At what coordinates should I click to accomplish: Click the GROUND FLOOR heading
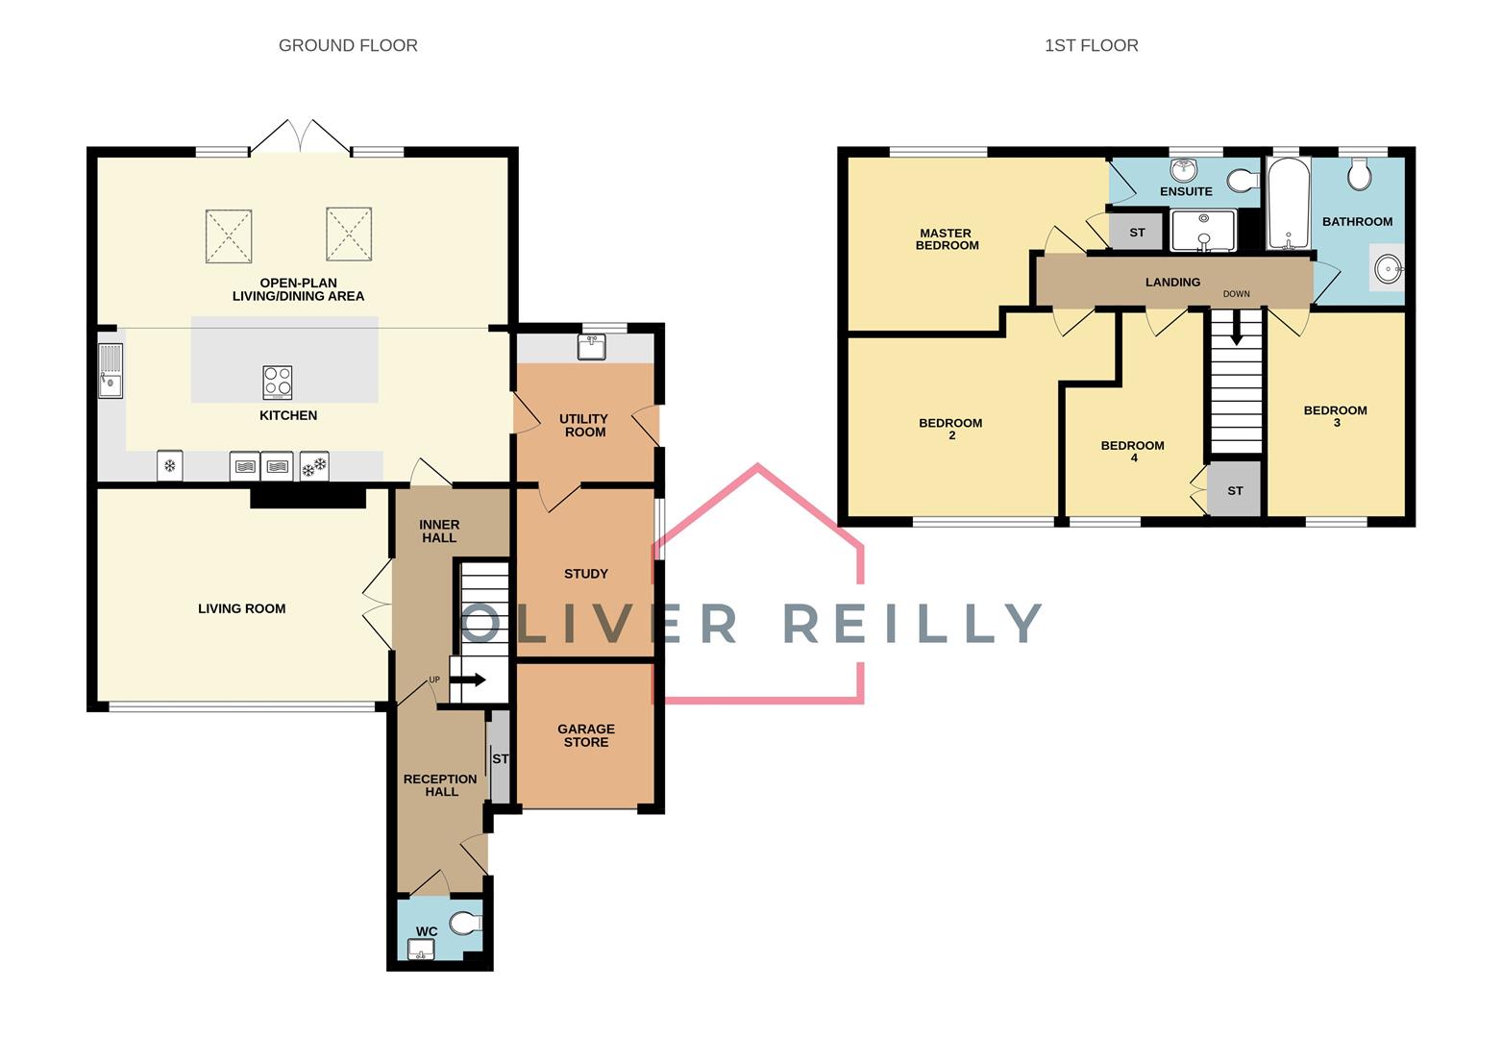point(348,45)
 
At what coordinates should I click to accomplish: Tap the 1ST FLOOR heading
point(1091,45)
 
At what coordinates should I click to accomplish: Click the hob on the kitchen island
point(278,383)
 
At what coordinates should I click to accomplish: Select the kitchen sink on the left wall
point(111,371)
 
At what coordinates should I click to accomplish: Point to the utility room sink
point(591,347)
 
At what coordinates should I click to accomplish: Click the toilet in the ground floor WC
point(465,923)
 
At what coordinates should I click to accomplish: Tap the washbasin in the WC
point(421,949)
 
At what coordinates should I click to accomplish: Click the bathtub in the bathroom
point(1288,203)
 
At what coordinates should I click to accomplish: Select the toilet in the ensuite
point(1243,180)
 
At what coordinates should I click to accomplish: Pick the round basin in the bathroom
point(1388,269)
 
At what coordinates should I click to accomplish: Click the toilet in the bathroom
point(1359,174)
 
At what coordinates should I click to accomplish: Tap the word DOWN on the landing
point(1237,294)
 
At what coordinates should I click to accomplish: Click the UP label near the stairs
point(434,680)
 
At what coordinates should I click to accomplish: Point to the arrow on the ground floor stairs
point(469,680)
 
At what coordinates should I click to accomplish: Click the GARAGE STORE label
point(586,735)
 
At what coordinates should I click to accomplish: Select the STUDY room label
point(586,574)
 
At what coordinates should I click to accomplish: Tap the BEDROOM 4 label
point(1133,452)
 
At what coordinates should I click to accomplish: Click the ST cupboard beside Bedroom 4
point(1235,489)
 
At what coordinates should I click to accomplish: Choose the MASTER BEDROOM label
point(947,239)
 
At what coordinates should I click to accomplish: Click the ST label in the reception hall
point(501,758)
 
